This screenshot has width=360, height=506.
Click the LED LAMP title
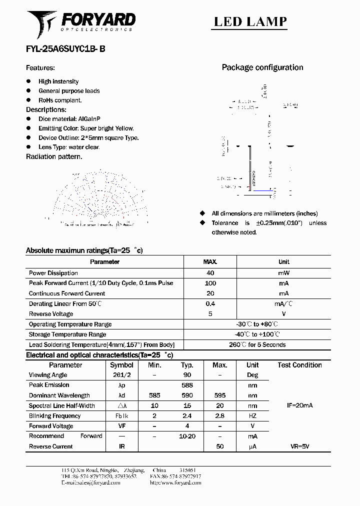coord(250,21)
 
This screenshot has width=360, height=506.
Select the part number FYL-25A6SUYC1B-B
coord(65,49)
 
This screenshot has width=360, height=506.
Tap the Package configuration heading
coord(262,67)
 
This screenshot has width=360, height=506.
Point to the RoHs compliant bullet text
coord(60,100)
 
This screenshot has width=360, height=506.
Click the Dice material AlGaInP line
coord(69,119)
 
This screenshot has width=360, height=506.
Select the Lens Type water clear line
coord(69,147)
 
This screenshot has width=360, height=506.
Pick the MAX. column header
coord(210,262)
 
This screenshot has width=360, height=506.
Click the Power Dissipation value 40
coord(210,273)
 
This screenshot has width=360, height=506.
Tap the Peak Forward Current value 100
coord(210,283)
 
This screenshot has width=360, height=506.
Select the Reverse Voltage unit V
coord(283,314)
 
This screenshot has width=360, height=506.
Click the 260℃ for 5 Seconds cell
coord(257,344)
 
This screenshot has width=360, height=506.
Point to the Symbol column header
coord(121,365)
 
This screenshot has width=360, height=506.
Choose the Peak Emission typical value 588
coord(187,385)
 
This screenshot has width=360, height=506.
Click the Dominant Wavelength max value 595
coord(220,395)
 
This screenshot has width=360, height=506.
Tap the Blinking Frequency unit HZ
coord(252,416)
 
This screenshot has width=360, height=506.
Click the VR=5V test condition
coord(299,446)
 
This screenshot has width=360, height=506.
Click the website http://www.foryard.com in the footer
coord(175,483)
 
